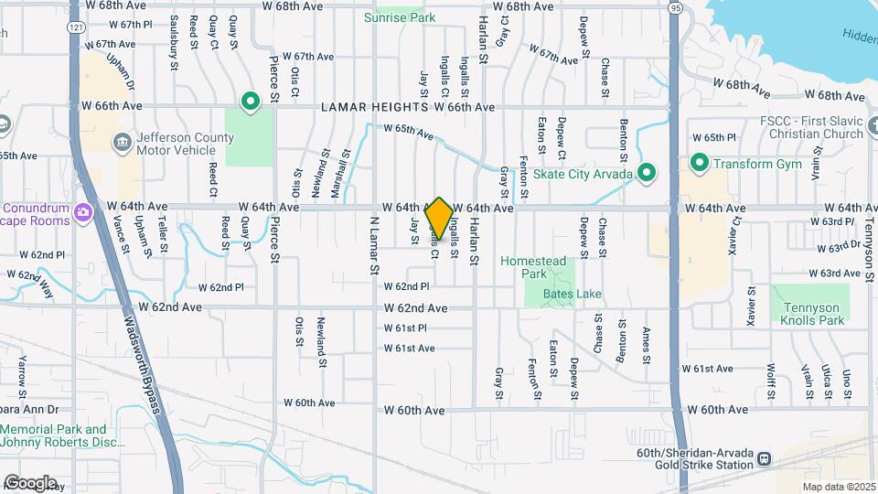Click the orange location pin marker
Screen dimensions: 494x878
point(440,219)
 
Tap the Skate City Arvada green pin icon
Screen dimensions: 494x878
point(648,171)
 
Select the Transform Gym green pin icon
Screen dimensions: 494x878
point(701,163)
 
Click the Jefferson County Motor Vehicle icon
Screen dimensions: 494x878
point(121,141)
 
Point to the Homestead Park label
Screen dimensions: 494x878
point(534,267)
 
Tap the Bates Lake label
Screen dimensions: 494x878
point(573,294)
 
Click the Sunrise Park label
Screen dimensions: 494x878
point(400,17)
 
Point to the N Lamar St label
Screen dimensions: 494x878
point(373,245)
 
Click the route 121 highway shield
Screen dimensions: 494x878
point(76,27)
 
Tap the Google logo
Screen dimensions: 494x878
point(30,482)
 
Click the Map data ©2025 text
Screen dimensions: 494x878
point(838,487)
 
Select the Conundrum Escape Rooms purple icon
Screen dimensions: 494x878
point(83,213)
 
